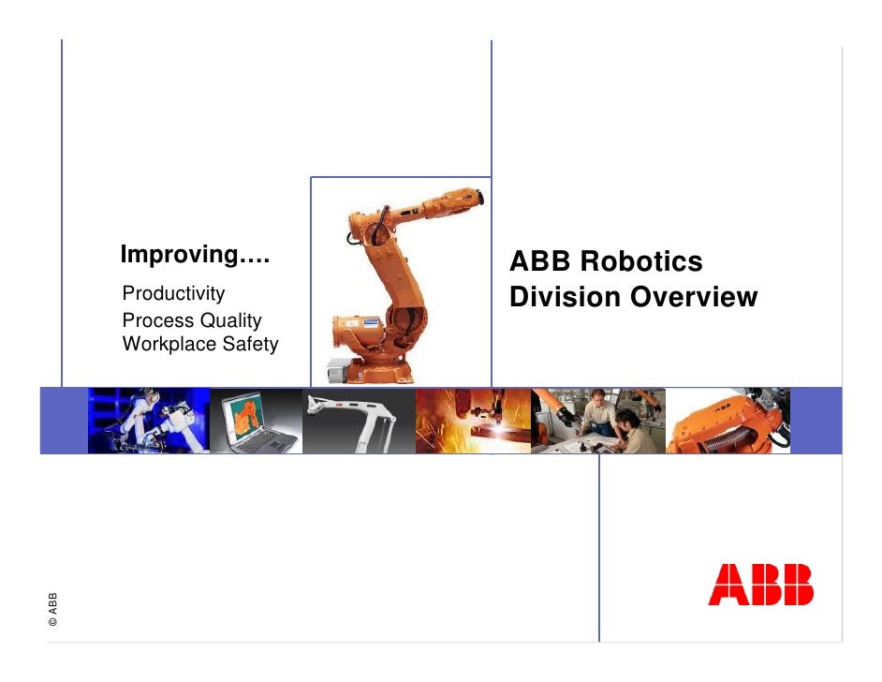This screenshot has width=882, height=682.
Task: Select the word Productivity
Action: pyautogui.click(x=173, y=294)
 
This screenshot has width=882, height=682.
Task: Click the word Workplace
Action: pyautogui.click(x=168, y=345)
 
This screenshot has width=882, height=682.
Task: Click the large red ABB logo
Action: pyautogui.click(x=760, y=585)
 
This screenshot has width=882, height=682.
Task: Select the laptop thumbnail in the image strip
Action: pyautogui.click(x=256, y=421)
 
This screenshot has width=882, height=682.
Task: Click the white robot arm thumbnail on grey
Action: pyautogui.click(x=359, y=421)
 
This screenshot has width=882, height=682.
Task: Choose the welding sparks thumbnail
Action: pyautogui.click(x=473, y=421)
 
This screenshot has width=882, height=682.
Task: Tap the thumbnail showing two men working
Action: pyautogui.click(x=600, y=421)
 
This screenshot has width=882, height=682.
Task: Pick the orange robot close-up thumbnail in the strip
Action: pyautogui.click(x=728, y=421)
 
